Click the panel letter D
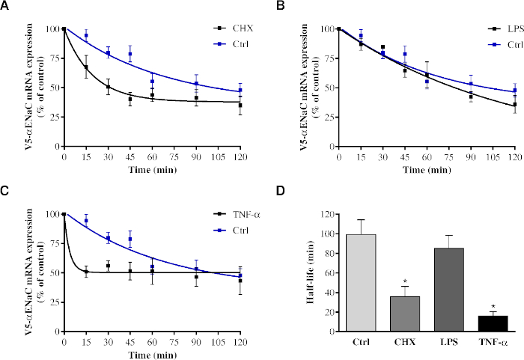(281, 189)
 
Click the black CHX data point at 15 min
(87, 68)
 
